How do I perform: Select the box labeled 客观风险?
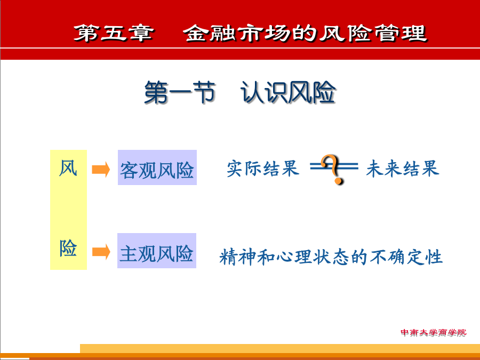(x=157, y=167)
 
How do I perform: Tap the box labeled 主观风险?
(x=157, y=251)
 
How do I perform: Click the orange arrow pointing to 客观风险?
(x=101, y=169)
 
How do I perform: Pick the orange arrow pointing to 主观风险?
(x=101, y=252)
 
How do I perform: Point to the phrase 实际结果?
(x=262, y=168)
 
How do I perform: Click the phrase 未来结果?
(x=403, y=168)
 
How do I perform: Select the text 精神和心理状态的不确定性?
(x=331, y=257)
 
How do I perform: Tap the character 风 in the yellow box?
(x=68, y=168)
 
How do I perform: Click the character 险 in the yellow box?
(x=68, y=247)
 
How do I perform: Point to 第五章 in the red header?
(x=113, y=33)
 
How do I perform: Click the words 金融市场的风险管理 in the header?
(x=305, y=33)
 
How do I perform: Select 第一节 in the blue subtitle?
(x=180, y=92)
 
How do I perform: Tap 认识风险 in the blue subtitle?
(x=288, y=92)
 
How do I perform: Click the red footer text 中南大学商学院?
(x=434, y=332)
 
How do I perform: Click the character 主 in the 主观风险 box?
(x=128, y=253)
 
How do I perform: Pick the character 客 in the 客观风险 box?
(x=129, y=170)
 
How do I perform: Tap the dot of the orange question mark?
(x=338, y=181)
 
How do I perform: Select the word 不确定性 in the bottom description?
(x=406, y=257)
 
